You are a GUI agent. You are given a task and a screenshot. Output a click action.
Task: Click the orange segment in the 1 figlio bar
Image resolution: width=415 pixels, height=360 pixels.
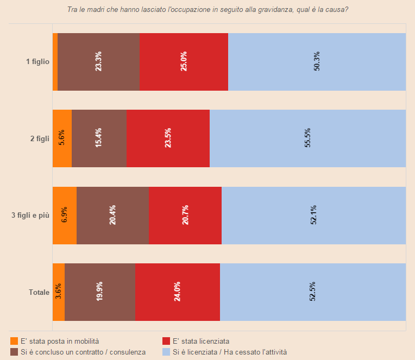tap(55, 62)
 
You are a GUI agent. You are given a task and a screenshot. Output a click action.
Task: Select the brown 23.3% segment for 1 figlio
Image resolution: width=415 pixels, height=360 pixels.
tap(98, 62)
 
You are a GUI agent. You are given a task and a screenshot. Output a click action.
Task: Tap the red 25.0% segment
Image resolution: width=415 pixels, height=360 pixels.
tap(184, 62)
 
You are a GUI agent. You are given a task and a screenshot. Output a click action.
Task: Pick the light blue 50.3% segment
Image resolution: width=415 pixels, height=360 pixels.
tap(317, 62)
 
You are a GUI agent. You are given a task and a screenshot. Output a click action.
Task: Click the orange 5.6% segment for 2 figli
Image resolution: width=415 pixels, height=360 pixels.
tap(62, 138)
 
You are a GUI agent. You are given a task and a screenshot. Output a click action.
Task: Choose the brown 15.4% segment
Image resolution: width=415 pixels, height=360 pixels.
tap(99, 138)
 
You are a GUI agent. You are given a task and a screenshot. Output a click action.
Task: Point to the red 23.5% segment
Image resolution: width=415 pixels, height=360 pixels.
tap(168, 138)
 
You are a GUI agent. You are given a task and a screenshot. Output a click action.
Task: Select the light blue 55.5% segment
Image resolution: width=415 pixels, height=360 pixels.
tap(307, 138)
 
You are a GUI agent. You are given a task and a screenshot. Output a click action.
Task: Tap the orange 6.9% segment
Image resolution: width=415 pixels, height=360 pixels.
tap(65, 216)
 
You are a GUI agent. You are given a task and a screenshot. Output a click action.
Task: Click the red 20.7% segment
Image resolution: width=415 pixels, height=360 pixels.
tap(185, 216)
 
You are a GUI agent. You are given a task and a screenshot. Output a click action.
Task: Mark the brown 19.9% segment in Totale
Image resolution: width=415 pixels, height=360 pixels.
tap(100, 292)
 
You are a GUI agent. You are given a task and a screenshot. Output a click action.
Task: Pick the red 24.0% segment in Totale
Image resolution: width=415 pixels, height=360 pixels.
tap(178, 292)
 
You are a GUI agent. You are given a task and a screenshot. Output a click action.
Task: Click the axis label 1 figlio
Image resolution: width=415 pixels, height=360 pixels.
tap(38, 62)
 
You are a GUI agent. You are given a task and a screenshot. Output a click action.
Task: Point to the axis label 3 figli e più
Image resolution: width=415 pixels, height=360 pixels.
tap(30, 216)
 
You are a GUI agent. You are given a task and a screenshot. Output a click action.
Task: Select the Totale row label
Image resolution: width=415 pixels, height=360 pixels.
tap(39, 293)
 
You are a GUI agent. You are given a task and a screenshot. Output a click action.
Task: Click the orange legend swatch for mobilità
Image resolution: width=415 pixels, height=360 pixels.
tap(14, 341)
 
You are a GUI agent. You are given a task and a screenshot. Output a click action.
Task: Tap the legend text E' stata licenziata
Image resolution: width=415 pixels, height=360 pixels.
tap(200, 341)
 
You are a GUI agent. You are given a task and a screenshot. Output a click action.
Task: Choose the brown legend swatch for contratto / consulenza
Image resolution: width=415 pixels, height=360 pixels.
tap(14, 352)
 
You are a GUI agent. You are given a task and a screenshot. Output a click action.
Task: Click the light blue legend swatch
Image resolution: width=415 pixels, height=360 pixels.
tap(166, 352)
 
